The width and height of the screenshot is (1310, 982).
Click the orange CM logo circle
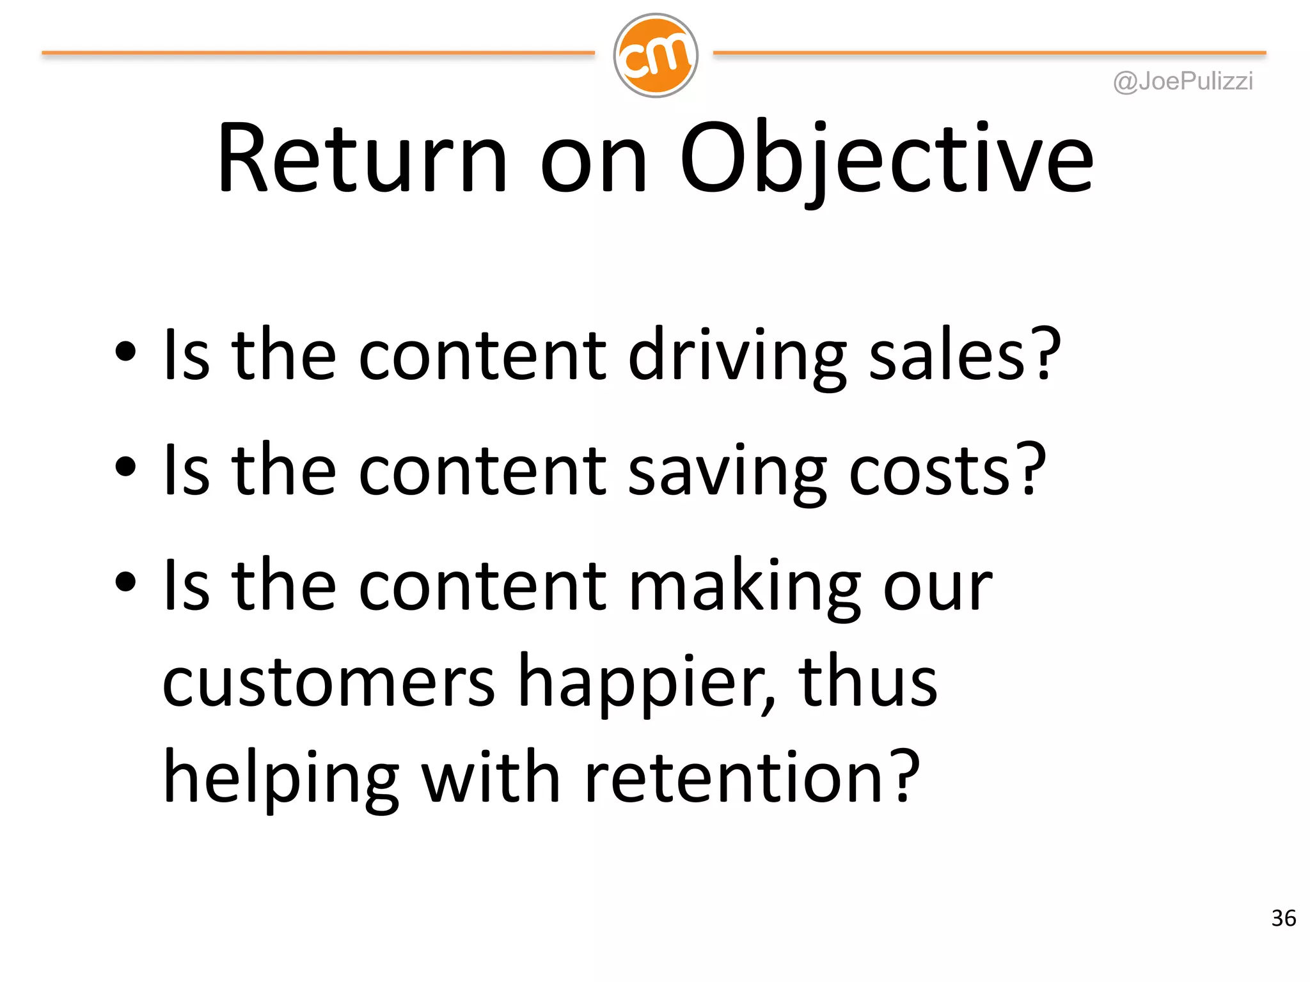655,56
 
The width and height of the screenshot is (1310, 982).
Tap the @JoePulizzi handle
1183,81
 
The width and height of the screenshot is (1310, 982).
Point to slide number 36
1283,918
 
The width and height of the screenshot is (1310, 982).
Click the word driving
738,355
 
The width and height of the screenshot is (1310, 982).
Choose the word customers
328,682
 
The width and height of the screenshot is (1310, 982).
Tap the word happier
645,682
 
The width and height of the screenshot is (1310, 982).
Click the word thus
867,682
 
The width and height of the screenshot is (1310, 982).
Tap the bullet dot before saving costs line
126,467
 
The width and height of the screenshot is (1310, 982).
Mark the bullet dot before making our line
126,582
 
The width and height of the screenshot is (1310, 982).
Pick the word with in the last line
491,778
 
